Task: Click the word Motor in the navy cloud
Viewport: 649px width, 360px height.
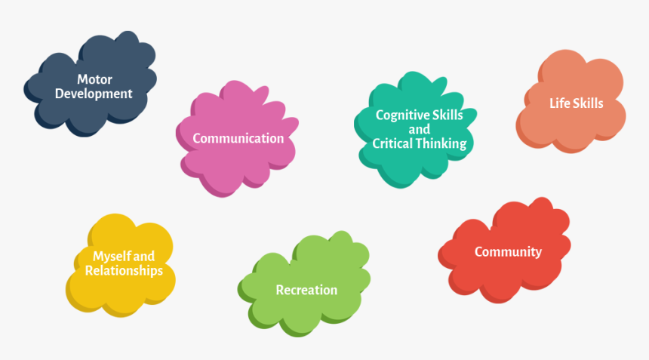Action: click(x=94, y=79)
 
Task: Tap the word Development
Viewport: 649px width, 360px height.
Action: click(x=94, y=94)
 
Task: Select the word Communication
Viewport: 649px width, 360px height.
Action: click(x=238, y=138)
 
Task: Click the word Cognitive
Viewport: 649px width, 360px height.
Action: click(x=396, y=115)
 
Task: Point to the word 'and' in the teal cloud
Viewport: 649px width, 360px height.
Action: click(x=420, y=129)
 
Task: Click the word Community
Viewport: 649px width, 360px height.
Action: click(x=509, y=251)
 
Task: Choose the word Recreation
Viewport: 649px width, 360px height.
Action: click(x=306, y=290)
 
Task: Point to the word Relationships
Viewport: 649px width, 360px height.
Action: click(x=125, y=271)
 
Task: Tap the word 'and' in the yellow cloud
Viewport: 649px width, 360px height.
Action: click(x=144, y=257)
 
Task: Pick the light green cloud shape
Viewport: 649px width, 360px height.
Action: click(x=304, y=285)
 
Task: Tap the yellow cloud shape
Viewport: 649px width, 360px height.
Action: click(x=121, y=266)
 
